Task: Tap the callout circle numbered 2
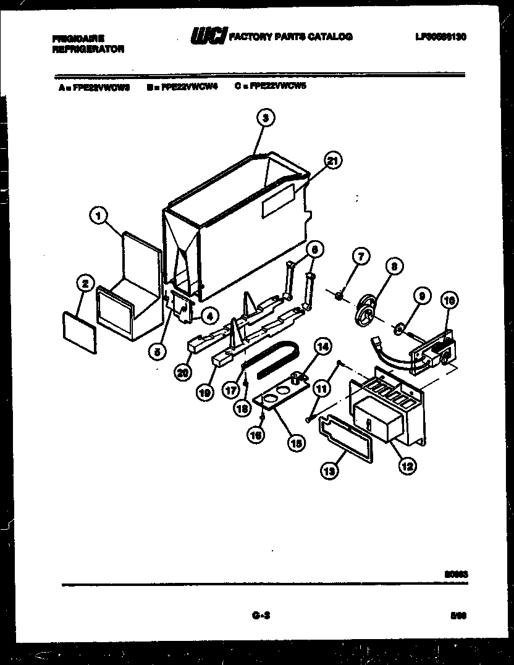pyautogui.click(x=85, y=284)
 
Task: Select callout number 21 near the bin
pyautogui.click(x=332, y=162)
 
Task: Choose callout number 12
pyautogui.click(x=406, y=466)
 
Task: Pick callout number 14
pyautogui.click(x=321, y=348)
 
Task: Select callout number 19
pyautogui.click(x=205, y=391)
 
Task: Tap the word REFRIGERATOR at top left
pyautogui.click(x=88, y=49)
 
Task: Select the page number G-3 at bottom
pyautogui.click(x=260, y=614)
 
